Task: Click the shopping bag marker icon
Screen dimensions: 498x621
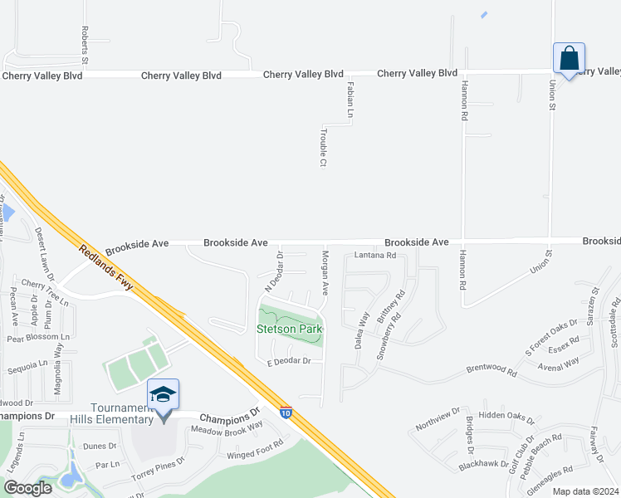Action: (x=569, y=59)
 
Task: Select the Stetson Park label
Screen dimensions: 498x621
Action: (x=288, y=329)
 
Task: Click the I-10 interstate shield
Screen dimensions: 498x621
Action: (x=286, y=413)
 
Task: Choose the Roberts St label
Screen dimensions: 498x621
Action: (x=85, y=45)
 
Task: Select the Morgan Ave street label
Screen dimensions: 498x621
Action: (x=325, y=275)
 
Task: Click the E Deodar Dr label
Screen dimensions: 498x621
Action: (x=288, y=361)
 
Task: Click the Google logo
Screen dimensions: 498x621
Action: (x=28, y=487)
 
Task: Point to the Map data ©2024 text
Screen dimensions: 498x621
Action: (x=585, y=491)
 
